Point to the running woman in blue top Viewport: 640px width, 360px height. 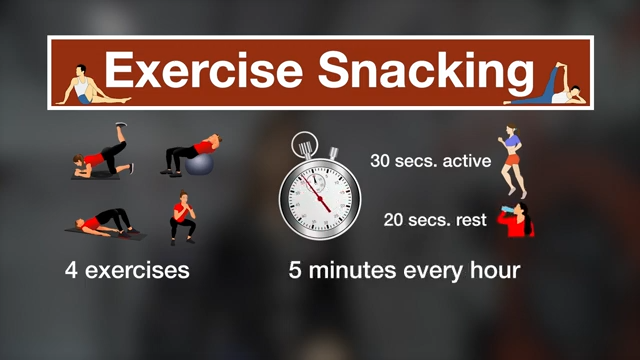point(513,159)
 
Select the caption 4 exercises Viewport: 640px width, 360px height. point(127,270)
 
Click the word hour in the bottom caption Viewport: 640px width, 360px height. point(492,270)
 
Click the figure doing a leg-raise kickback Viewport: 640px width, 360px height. point(102,153)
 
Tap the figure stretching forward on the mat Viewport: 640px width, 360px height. point(104,222)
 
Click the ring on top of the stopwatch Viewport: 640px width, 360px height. point(306,141)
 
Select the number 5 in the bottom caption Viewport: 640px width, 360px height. point(295,270)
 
